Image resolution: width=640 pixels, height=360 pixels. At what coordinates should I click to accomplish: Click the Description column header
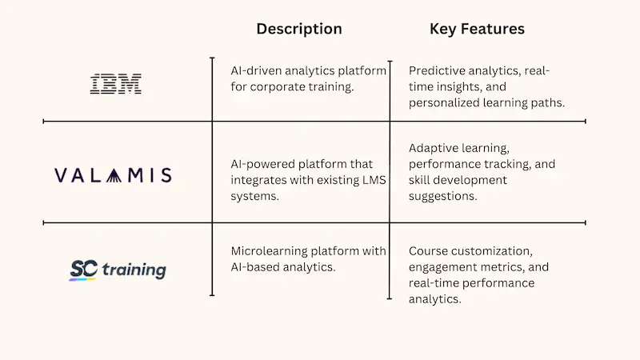tap(298, 29)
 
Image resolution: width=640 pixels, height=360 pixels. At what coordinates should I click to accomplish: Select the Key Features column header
tap(477, 29)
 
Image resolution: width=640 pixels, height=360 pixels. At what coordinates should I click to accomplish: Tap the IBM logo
tap(115, 83)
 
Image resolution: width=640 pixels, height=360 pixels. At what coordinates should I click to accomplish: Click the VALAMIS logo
tap(113, 175)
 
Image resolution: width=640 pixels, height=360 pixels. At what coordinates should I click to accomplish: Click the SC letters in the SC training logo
tap(83, 269)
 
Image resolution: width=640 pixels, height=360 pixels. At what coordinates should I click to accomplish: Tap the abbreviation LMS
tap(370, 180)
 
